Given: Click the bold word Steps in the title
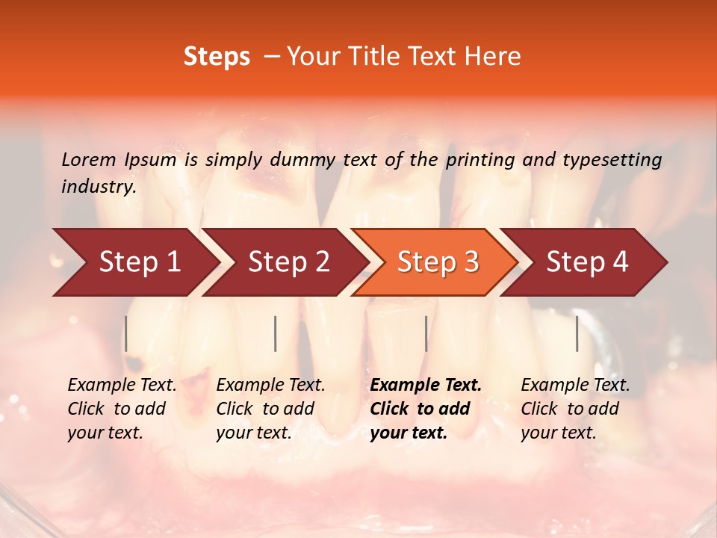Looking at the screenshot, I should (x=217, y=56).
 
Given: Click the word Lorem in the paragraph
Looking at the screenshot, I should (x=89, y=159).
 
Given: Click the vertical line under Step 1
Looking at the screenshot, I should (x=126, y=333).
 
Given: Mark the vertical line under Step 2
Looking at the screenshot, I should (x=276, y=333).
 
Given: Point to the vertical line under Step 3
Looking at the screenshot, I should (x=426, y=333).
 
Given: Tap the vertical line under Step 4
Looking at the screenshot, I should (x=577, y=333).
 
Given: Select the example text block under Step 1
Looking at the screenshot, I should (x=122, y=409).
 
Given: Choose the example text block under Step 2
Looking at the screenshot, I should (x=270, y=409).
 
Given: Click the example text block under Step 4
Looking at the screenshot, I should (x=575, y=409).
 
